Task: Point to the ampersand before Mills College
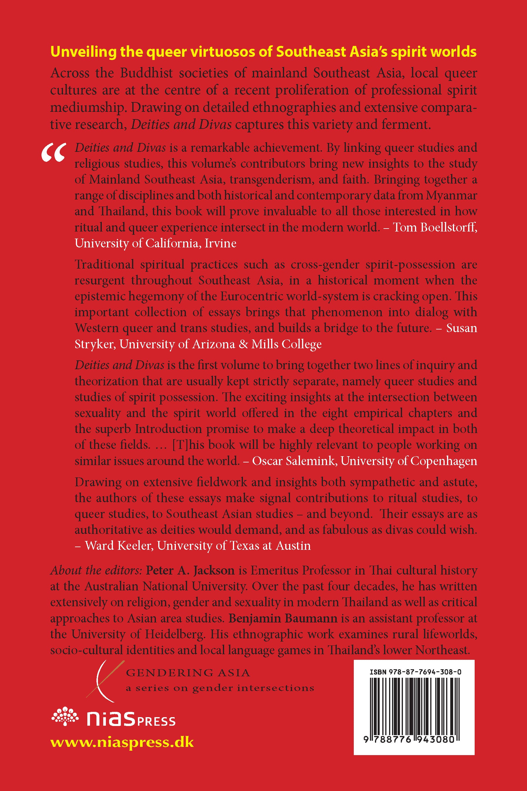[x=244, y=344]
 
